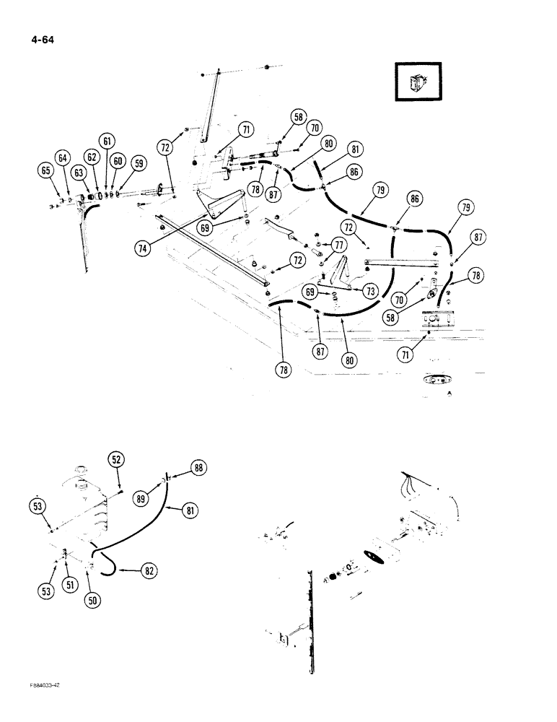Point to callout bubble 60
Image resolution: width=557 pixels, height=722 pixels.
coord(118,162)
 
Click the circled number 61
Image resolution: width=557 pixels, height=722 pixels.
coord(107,142)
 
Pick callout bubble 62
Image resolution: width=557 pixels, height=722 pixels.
coord(92,156)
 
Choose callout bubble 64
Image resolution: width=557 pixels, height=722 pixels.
coord(63,158)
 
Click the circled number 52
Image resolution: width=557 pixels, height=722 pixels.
coord(116,459)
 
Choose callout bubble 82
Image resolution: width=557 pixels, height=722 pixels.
coord(148,570)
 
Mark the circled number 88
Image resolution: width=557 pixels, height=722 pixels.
coord(199,468)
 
